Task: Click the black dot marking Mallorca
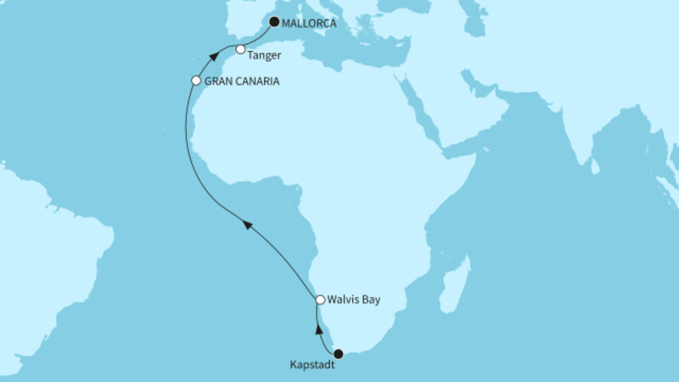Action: (x=274, y=24)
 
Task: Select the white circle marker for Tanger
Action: (x=241, y=49)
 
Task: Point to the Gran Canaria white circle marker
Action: (x=196, y=81)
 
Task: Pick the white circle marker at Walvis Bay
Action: (x=320, y=300)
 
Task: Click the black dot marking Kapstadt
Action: (x=338, y=354)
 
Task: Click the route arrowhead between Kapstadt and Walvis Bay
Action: (x=319, y=329)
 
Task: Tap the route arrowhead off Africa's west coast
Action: (x=248, y=224)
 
